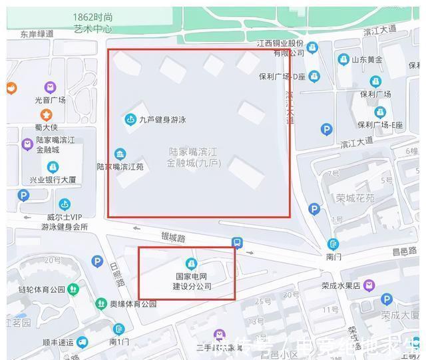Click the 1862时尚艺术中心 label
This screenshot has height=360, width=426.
coord(93,23)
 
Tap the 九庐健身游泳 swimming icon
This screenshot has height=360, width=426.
coord(130,120)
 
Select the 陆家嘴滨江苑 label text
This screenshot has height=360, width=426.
coord(120,166)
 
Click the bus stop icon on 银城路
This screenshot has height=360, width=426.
coord(237,243)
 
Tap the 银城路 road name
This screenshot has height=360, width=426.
coord(172,237)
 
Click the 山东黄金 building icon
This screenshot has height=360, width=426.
coord(343,60)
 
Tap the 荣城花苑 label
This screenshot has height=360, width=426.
coord(355,198)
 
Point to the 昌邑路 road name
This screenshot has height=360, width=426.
coord(404,251)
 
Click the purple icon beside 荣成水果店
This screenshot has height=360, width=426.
coord(369,285)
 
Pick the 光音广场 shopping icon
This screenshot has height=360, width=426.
coord(51,87)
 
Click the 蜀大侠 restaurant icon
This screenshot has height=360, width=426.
coord(47,115)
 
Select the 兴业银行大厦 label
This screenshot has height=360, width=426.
coord(53,180)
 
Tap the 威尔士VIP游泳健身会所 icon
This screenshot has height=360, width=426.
coord(65,204)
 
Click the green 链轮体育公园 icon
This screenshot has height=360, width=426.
coord(73,289)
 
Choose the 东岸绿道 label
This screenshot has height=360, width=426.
coord(37,33)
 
